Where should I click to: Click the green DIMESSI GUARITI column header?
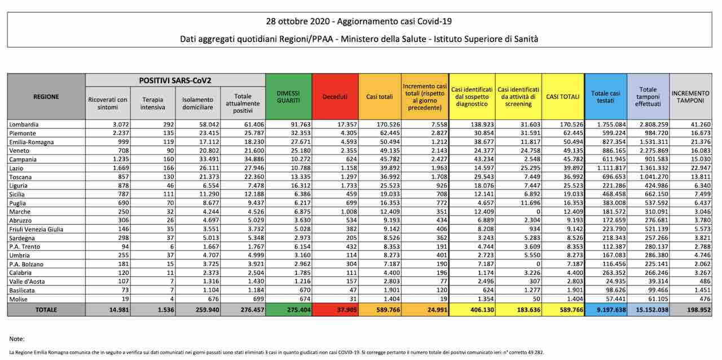tap(288, 96)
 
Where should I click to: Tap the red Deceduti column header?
tap(335, 96)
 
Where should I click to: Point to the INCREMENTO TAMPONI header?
tap(690, 96)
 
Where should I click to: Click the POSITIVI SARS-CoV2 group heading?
tap(175, 81)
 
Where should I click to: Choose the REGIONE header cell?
tap(46, 96)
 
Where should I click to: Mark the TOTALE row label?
tap(46, 309)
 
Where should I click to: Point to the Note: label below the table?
tap(17, 339)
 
